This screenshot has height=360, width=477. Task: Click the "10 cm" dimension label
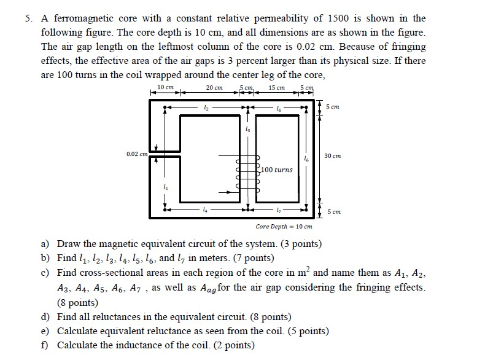(165, 88)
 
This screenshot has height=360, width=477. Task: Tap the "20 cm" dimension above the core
(214, 88)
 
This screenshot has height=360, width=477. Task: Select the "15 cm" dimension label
(277, 88)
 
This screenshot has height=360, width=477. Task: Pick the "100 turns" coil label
(277, 169)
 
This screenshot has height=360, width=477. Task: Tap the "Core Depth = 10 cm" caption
(284, 227)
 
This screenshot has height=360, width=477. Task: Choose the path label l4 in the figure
(205, 211)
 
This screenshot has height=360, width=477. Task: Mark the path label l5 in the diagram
(279, 108)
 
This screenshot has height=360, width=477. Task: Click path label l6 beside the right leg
(306, 158)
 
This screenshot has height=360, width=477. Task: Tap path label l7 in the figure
(279, 211)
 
